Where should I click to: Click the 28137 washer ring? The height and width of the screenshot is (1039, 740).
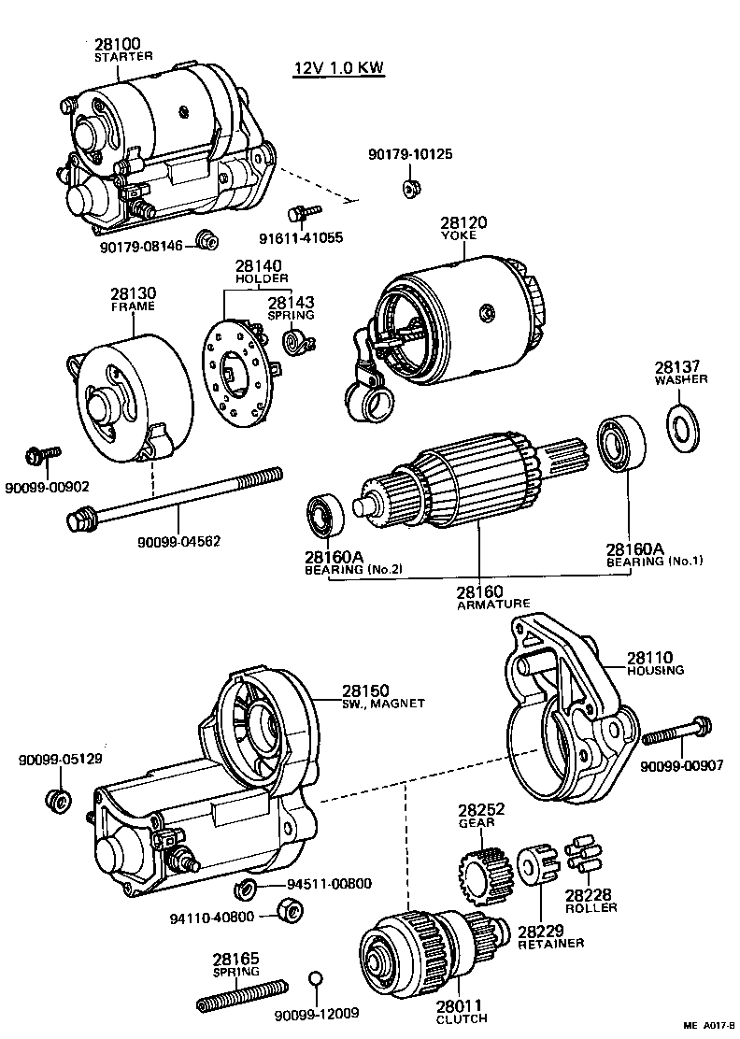tap(686, 425)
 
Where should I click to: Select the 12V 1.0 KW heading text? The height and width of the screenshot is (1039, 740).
tap(337, 69)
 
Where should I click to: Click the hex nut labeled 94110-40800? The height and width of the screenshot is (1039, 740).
tap(290, 908)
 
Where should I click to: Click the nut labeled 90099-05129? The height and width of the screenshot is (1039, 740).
tap(58, 800)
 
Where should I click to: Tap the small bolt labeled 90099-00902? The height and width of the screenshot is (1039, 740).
tap(43, 455)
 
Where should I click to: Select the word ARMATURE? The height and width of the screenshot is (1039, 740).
tap(492, 604)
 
